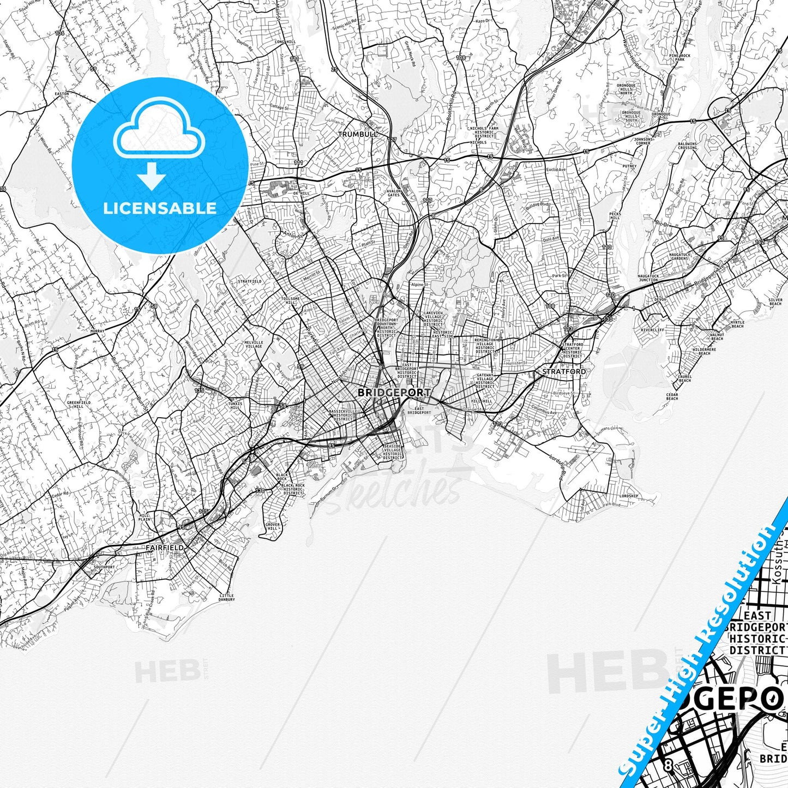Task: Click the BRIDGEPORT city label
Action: click(x=394, y=392)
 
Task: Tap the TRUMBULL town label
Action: click(x=358, y=134)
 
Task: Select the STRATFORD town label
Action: click(x=564, y=371)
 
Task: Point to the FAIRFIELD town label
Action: click(x=165, y=547)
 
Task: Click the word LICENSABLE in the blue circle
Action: click(x=160, y=208)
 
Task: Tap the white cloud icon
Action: click(x=159, y=133)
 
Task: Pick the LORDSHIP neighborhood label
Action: click(x=629, y=496)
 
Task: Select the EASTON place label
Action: click(x=62, y=94)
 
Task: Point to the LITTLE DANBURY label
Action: click(x=226, y=597)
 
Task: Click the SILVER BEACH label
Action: click(x=775, y=302)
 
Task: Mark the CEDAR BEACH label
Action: click(x=672, y=396)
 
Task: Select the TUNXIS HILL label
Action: click(x=235, y=405)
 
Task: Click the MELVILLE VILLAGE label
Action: click(x=254, y=344)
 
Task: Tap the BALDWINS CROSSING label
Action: click(x=687, y=146)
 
